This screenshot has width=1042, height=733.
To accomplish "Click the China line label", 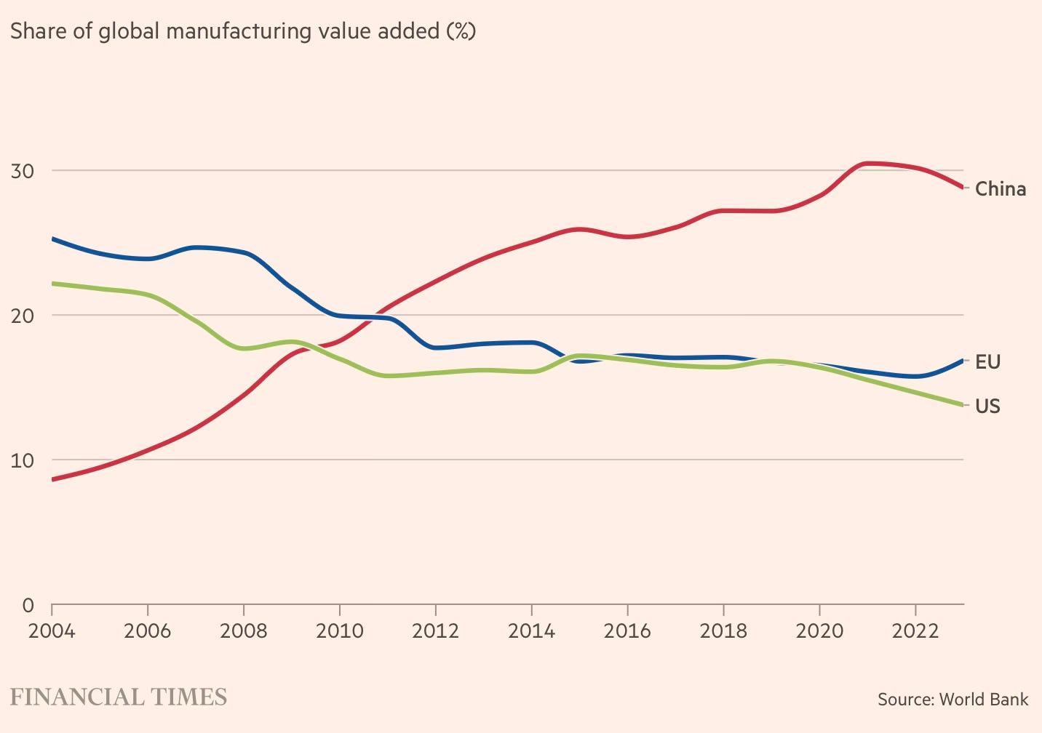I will pyautogui.click(x=1000, y=189).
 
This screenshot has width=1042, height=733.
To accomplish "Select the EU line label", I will pyautogui.click(x=987, y=362).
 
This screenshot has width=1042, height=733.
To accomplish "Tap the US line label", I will pyautogui.click(x=987, y=406).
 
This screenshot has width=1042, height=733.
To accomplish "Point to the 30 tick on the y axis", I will pyautogui.click(x=23, y=171).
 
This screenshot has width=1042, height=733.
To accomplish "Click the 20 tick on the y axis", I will pyautogui.click(x=23, y=316).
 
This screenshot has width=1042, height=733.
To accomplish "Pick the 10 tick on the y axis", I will pyautogui.click(x=23, y=460).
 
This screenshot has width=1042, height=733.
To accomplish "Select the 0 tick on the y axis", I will pyautogui.click(x=28, y=605).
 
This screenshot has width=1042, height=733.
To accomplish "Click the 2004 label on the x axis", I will pyautogui.click(x=52, y=630).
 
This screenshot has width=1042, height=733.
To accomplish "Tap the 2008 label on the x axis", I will pyautogui.click(x=243, y=630).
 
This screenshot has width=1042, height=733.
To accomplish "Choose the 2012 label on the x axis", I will pyautogui.click(x=435, y=630).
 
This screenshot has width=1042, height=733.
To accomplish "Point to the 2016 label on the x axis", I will pyautogui.click(x=627, y=630).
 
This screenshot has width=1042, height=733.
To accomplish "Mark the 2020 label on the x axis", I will pyautogui.click(x=819, y=630).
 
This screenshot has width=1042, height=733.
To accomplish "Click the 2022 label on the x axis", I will pyautogui.click(x=915, y=630).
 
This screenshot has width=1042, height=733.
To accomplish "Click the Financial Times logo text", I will pyautogui.click(x=119, y=697).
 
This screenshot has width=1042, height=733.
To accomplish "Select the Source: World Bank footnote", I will pyautogui.click(x=952, y=700).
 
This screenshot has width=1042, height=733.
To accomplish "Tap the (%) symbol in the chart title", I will pyautogui.click(x=461, y=32).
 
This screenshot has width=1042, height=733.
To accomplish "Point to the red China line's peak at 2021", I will pyautogui.click(x=867, y=163).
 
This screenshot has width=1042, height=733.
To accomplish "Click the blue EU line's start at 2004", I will pyautogui.click(x=53, y=239).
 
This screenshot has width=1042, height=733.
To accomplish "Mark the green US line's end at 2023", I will pyautogui.click(x=962, y=405).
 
